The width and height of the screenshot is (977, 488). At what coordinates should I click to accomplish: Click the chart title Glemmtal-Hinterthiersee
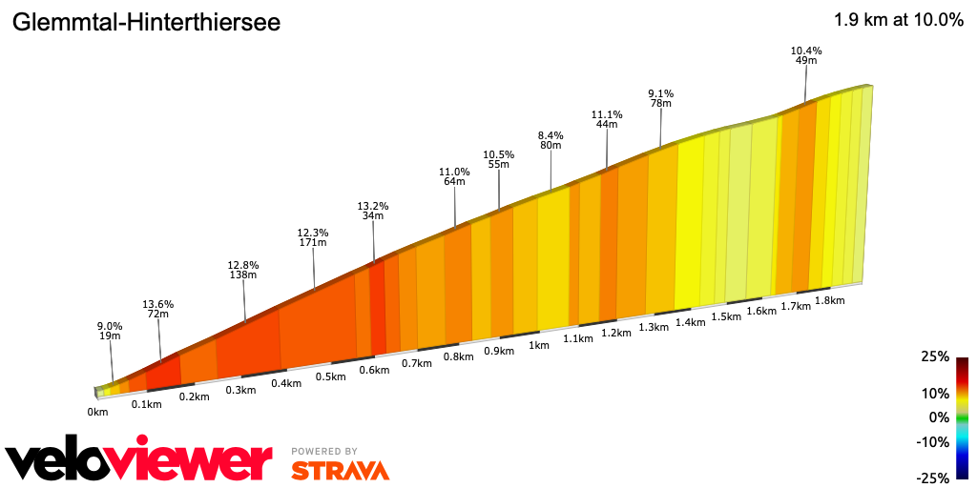pos(146,23)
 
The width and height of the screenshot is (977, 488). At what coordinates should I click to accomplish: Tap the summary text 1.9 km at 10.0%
pos(898,20)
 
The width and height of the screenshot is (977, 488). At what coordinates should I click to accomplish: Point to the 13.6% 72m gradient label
pos(157,309)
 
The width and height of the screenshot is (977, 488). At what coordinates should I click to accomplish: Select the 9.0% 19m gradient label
pos(110,331)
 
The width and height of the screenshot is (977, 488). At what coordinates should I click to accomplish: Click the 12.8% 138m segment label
pos(243,270)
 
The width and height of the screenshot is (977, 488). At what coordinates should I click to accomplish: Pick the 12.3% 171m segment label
pos(313,237)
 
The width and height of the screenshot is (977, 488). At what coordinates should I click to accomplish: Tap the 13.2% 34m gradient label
pos(373,211)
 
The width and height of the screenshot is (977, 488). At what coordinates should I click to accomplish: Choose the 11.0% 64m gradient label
pos(454,176)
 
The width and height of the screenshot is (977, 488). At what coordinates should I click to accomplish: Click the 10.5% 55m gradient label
pos(499,159)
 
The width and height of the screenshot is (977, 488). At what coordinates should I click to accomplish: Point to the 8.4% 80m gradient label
pos(551,140)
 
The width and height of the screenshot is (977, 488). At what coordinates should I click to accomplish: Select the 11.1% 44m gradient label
pos(607,119)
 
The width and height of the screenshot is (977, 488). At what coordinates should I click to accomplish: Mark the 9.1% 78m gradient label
pos(660,98)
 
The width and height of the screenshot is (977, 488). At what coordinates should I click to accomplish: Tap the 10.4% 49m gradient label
pos(806,55)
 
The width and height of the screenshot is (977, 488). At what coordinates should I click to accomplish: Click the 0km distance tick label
pos(97,412)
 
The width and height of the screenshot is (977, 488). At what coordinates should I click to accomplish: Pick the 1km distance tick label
pos(538,345)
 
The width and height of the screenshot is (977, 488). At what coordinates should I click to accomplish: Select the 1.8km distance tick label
pos(830,300)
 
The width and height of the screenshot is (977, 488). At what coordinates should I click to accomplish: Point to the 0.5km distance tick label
pos(329,376)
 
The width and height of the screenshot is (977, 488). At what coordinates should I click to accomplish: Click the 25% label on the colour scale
pos(937,356)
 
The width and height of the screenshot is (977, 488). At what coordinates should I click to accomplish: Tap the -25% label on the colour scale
pos(934,478)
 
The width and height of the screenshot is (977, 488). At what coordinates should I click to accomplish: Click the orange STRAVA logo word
pos(340,470)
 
